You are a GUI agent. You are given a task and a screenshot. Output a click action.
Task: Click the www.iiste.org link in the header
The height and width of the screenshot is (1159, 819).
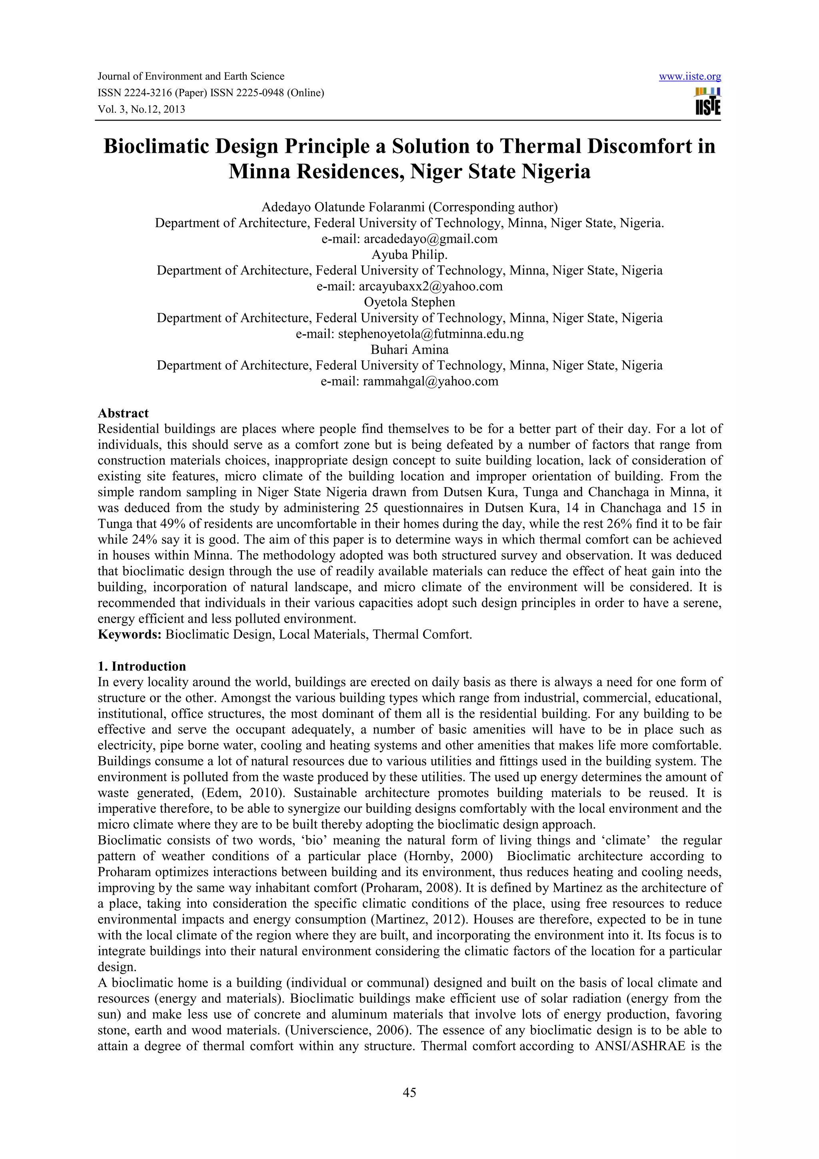tap(690, 77)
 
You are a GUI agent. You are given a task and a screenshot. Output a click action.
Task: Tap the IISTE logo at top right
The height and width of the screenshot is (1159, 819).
tap(707, 102)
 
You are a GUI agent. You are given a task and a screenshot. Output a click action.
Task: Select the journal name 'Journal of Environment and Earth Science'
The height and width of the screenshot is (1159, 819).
tap(191, 76)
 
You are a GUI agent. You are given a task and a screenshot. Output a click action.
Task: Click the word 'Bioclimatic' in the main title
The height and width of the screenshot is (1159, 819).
tap(156, 146)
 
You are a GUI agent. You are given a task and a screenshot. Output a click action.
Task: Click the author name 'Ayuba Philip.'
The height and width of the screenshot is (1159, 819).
tap(409, 254)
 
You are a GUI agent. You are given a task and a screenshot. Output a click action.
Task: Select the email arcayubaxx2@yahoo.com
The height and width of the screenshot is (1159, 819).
tap(430, 286)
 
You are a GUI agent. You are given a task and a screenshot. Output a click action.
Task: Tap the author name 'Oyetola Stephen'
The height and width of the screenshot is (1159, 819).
tap(409, 302)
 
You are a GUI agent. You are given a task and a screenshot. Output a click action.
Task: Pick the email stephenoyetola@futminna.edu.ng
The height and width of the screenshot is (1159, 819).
tap(430, 334)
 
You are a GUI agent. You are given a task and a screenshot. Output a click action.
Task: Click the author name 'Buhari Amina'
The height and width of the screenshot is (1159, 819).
tap(409, 349)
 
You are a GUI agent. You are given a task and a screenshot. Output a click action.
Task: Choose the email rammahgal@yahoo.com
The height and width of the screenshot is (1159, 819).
tap(430, 381)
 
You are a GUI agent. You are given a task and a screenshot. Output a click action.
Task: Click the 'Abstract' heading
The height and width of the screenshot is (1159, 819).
tap(123, 413)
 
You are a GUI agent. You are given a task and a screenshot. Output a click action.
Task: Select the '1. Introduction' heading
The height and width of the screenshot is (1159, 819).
tap(142, 666)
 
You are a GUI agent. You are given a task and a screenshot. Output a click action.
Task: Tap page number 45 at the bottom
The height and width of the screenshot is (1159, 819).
tap(409, 1093)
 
